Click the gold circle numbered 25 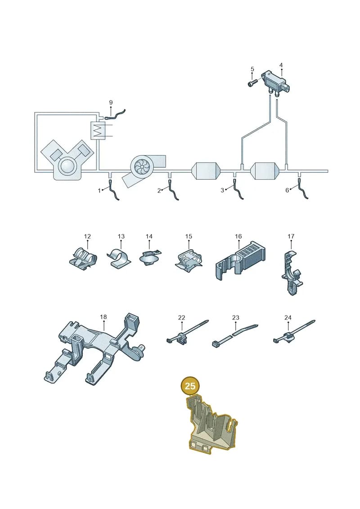[190, 386]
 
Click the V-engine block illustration [67, 160]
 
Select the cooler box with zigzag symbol [98, 131]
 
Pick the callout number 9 [111, 103]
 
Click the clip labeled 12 [83, 258]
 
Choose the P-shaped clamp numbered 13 [118, 258]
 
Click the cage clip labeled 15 [189, 259]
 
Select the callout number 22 [181, 317]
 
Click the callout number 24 [288, 317]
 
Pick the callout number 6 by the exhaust [287, 190]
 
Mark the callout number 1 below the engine [99, 190]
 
